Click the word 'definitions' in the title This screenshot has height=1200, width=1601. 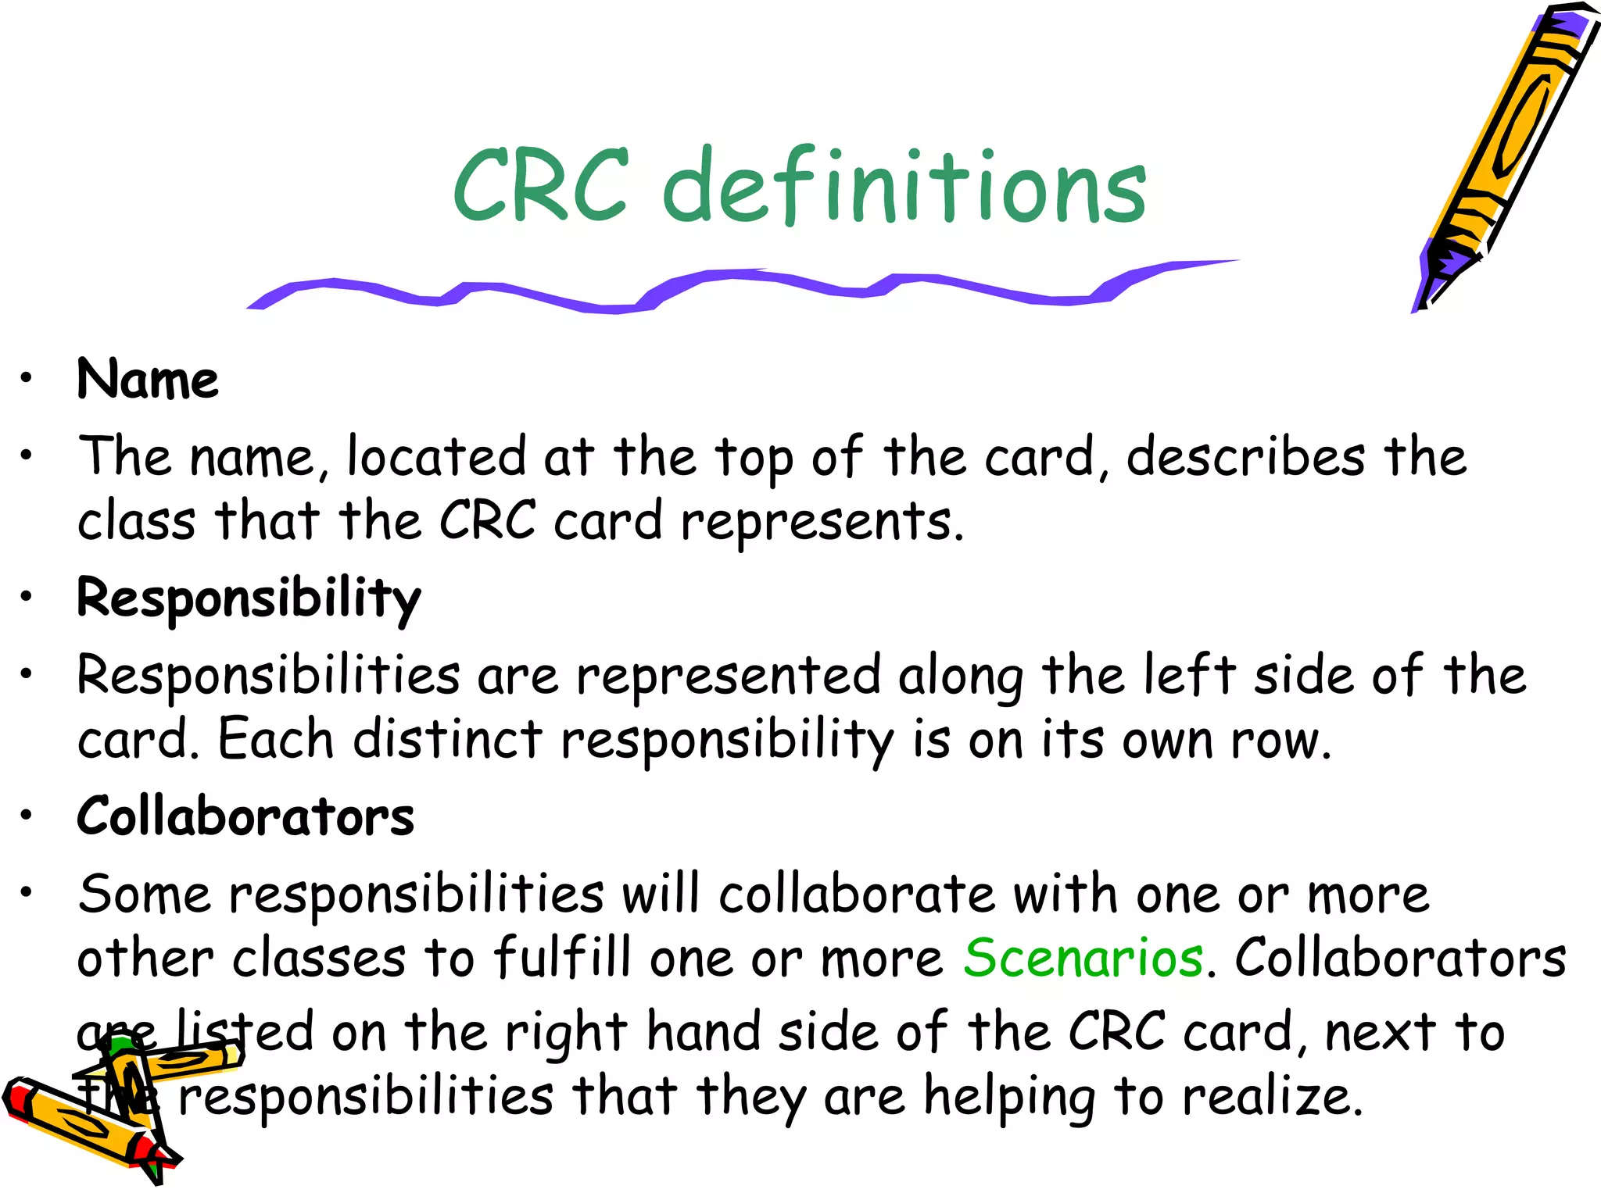click(x=904, y=187)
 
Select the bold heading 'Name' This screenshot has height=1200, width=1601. click(x=148, y=380)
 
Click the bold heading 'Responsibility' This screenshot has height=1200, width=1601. click(x=249, y=600)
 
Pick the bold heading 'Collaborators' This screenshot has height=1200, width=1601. click(x=245, y=817)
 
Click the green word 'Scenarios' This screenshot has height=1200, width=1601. click(x=1083, y=958)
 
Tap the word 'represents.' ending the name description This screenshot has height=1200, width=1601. click(x=822, y=522)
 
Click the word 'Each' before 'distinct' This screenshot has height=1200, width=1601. click(x=275, y=739)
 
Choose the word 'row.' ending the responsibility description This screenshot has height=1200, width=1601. click(x=1280, y=740)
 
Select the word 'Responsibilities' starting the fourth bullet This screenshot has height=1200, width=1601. click(x=268, y=676)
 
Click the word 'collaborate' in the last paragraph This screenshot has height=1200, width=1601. click(x=857, y=895)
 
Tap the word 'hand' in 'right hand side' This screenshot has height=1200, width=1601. click(x=704, y=1033)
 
